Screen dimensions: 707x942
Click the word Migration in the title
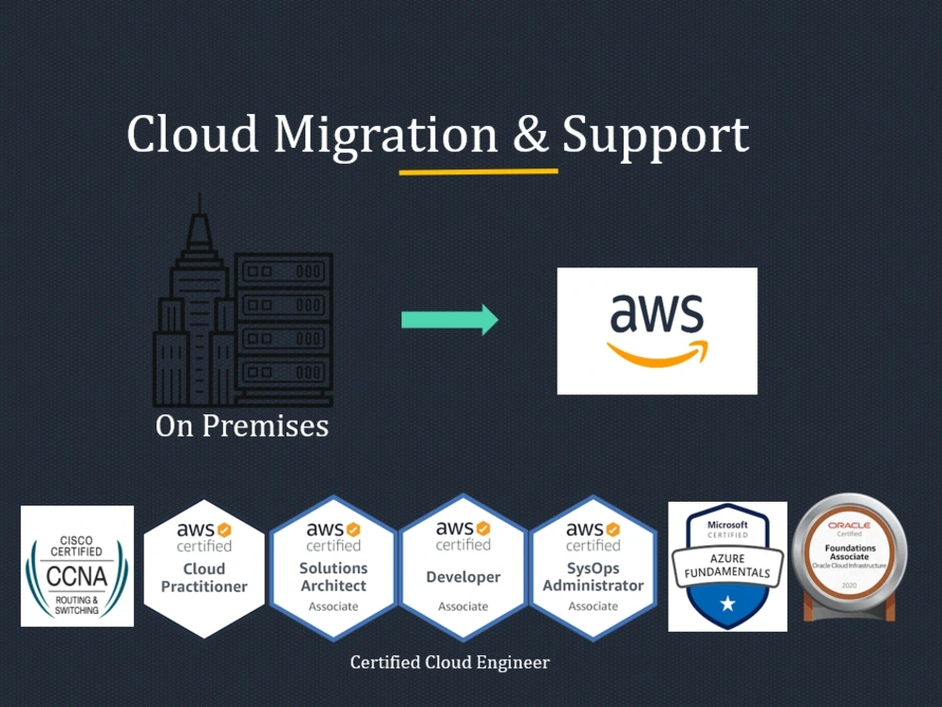[x=386, y=137]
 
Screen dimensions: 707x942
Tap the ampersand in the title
[x=531, y=136]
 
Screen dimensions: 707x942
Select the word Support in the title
[x=656, y=137]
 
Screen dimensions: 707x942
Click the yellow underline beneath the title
[x=479, y=172]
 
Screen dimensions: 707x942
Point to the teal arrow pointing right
[x=449, y=319]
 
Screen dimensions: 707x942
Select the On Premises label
[x=242, y=426]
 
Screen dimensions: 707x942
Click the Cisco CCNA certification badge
[x=77, y=566]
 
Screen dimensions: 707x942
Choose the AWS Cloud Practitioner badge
[x=203, y=567]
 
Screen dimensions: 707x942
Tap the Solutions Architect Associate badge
[x=333, y=567]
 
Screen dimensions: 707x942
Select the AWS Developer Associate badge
[x=463, y=567]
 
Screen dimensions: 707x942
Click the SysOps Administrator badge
[x=593, y=567]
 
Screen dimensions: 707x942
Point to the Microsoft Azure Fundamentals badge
[x=727, y=566]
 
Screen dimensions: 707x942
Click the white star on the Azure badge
[x=727, y=603]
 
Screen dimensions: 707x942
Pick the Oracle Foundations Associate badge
[x=850, y=559]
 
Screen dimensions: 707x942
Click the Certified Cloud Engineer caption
[x=449, y=663]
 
